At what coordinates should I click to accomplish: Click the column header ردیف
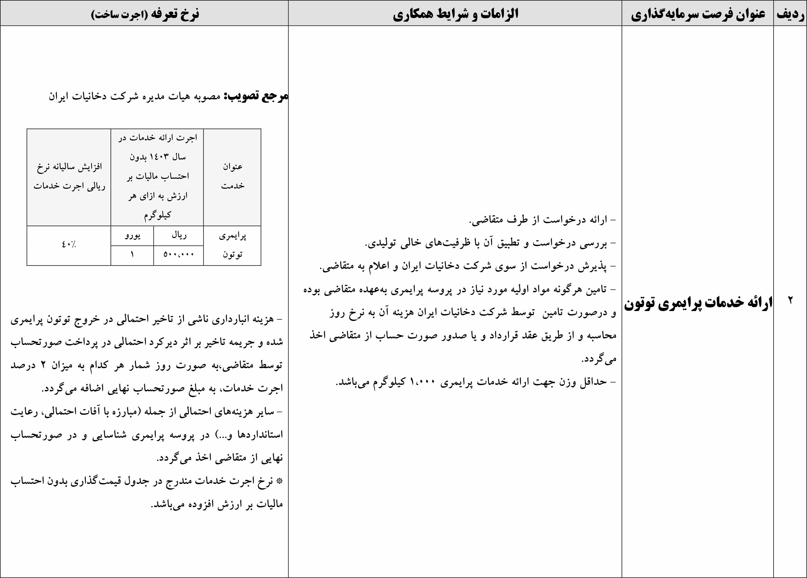(x=790, y=14)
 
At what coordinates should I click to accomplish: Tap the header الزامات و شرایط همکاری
(x=455, y=14)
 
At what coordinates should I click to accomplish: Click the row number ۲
(x=790, y=301)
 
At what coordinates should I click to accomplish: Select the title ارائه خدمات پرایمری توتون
(x=698, y=302)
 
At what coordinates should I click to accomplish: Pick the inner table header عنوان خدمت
(x=232, y=176)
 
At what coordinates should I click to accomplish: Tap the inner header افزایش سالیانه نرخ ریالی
(x=69, y=176)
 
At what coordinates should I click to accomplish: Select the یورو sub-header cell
(x=132, y=235)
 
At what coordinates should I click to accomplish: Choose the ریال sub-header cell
(x=179, y=235)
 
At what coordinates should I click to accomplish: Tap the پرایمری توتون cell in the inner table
(x=232, y=245)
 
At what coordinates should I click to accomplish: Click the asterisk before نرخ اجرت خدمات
(x=280, y=481)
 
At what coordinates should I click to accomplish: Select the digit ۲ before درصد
(x=43, y=365)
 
